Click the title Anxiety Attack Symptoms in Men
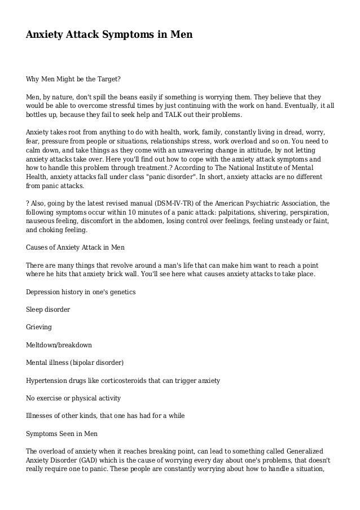[109, 35]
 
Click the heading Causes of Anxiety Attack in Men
[75, 248]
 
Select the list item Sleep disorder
[49, 310]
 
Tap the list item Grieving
[39, 327]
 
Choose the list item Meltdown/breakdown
[59, 345]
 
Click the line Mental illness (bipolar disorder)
[74, 362]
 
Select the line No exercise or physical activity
[73, 398]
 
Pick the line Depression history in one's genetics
[81, 292]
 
